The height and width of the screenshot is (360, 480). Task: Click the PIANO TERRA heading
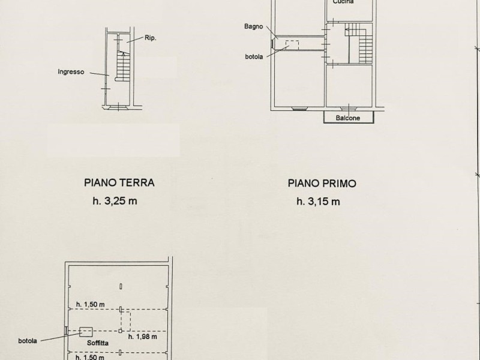coord(119,183)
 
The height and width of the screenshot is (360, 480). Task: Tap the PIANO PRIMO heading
coord(322,184)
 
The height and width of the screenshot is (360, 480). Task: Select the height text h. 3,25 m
coord(115,201)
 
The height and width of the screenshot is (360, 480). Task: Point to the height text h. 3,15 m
coord(318,202)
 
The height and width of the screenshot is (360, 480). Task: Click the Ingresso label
coord(71,72)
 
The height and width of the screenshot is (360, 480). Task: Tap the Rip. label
coord(151,38)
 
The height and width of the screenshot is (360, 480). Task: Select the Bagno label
coord(253,26)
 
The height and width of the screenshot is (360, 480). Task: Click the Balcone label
coord(348,118)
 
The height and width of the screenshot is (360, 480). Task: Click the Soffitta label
coord(98,343)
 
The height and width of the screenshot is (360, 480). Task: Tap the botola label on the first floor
coord(254,56)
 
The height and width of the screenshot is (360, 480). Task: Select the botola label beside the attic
coord(28,341)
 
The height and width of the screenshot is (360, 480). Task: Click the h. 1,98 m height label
coord(143,337)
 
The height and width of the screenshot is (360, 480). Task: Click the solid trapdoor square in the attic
coord(86,332)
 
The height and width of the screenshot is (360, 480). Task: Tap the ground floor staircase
coord(124,66)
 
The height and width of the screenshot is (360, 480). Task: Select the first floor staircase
coord(359,43)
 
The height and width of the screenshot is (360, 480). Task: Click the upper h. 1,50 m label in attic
coord(91,305)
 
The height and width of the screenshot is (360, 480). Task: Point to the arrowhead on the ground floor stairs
coord(124,55)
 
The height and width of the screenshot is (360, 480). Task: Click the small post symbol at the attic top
coord(121,287)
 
